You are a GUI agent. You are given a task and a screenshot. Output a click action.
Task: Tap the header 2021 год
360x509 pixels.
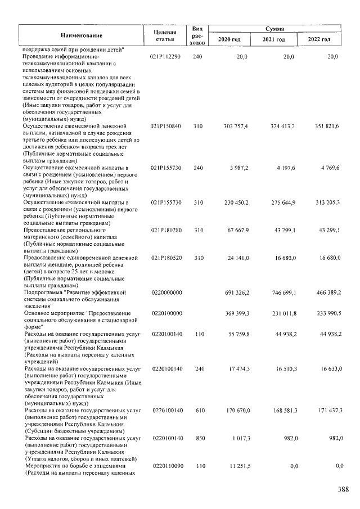pyautogui.click(x=274, y=40)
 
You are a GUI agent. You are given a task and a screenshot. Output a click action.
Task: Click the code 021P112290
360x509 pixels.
pyautogui.click(x=165, y=57)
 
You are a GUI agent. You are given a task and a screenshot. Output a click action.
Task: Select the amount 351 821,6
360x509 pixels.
pyautogui.click(x=326, y=125)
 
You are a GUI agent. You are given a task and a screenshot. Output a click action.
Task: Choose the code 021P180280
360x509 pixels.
pyautogui.click(x=165, y=230)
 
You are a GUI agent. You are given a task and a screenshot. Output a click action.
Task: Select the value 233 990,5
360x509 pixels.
pyautogui.click(x=326, y=313)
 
